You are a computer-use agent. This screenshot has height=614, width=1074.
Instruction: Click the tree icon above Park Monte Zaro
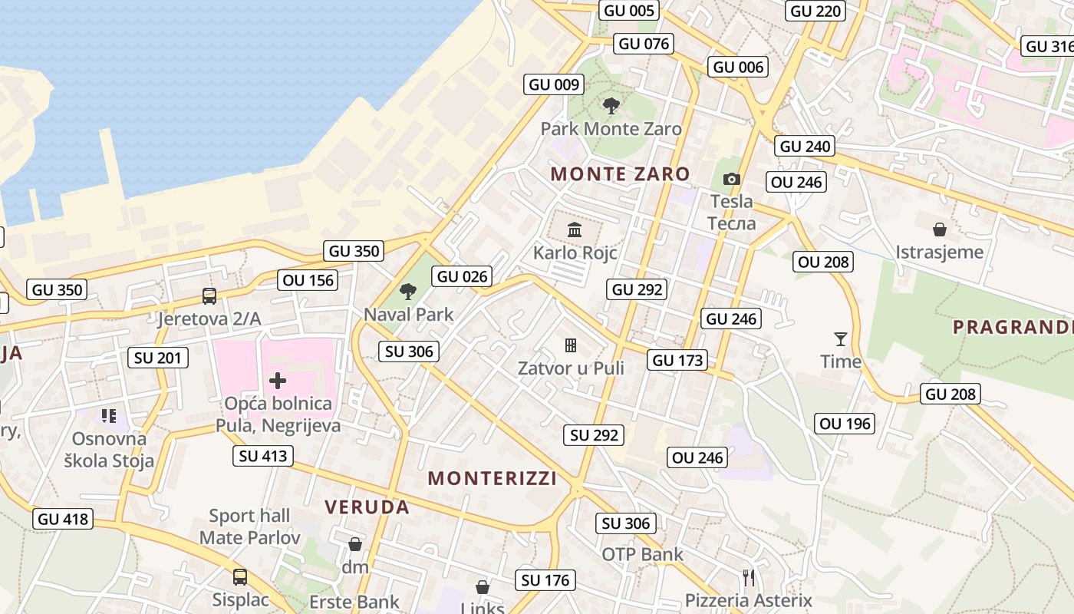coord(611,106)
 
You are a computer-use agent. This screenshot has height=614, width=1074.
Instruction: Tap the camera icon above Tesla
coord(732,179)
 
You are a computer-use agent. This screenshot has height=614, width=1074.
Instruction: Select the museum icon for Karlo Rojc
coord(575,229)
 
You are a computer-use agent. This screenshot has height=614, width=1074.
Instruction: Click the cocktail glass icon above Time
coord(841,338)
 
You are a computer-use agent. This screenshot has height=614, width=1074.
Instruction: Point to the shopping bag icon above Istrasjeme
coord(939,229)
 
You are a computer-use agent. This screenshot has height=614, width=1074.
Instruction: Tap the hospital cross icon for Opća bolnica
coord(278,381)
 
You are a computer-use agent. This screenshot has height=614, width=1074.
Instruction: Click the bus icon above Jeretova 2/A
coord(209,295)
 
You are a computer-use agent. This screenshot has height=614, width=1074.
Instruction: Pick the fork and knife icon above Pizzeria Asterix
coord(749,577)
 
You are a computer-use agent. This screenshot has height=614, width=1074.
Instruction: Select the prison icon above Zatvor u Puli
coord(571,345)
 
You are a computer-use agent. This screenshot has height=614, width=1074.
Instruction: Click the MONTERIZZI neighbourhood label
coord(493,478)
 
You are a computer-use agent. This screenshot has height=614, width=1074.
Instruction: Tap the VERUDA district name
coord(367,507)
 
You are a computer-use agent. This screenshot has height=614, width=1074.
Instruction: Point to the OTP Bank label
coord(642,554)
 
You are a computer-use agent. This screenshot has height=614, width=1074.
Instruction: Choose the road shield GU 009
coord(555,84)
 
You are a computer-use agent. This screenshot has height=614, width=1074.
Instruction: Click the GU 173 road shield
coord(677,360)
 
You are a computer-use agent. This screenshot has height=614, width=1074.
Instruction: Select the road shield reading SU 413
coord(263,456)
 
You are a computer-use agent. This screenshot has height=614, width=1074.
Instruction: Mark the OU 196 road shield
coord(845,424)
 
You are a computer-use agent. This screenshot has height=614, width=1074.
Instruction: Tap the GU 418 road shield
coord(64,519)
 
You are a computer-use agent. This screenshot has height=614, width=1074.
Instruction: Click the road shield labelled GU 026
coord(462,276)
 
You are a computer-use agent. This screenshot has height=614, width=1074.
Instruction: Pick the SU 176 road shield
coord(545,580)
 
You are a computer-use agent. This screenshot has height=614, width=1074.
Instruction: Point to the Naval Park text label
coord(409,314)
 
